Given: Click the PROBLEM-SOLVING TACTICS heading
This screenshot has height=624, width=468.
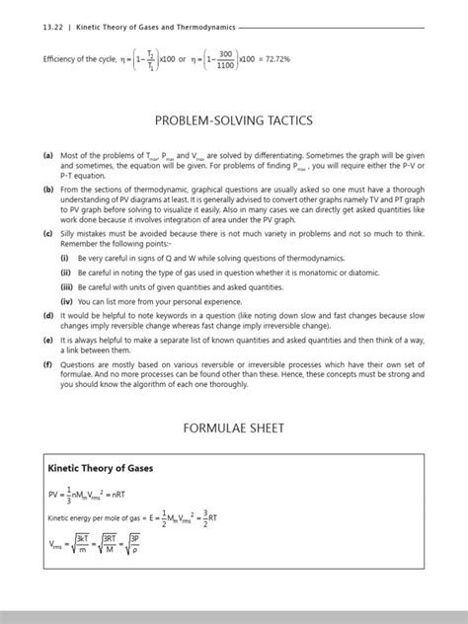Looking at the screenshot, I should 234,119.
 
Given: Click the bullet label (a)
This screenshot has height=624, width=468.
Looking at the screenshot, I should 46,156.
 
